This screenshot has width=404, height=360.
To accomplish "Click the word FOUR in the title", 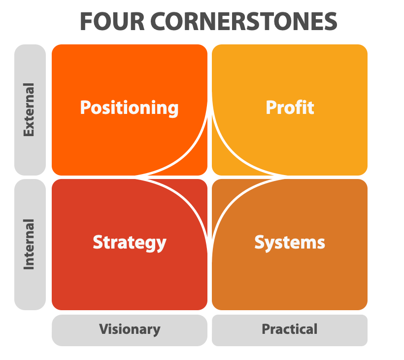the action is tap(112, 22).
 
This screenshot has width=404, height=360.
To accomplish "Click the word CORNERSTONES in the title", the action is tap(244, 22).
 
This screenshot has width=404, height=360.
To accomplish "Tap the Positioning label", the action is tap(129, 108).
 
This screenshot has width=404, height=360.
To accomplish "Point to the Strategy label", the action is tap(130, 243).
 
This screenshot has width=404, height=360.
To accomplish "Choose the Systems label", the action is tap(290, 243).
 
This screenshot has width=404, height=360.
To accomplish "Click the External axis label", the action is tap(29, 109).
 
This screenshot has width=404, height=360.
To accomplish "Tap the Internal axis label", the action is tap(29, 244).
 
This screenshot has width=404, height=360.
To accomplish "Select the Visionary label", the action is tap(130, 329).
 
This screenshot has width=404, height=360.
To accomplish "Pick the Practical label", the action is tap(290, 329).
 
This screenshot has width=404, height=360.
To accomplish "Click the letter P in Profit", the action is tap(271, 108).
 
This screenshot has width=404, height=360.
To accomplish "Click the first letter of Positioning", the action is tap(86, 108).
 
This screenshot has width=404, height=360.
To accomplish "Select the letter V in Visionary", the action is tap(104, 329).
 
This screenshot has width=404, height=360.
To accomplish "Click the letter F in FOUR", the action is tap(86, 22).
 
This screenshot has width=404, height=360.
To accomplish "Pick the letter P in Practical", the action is tap(267, 329).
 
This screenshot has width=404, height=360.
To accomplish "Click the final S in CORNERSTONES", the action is tap(331, 22).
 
